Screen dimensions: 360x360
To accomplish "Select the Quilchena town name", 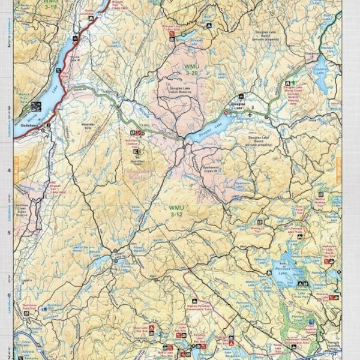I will coord(29,118).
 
